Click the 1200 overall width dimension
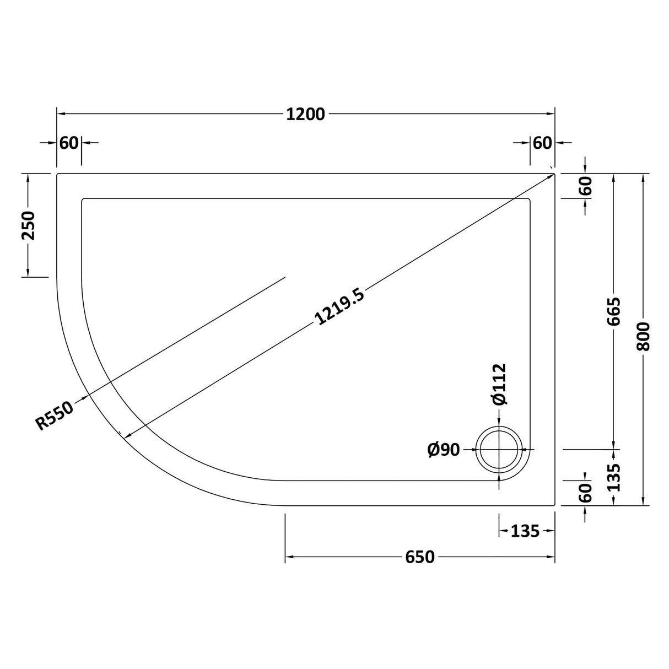305,114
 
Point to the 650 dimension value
420,558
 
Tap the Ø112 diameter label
499,385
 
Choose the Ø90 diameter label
443,450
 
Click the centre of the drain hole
499,450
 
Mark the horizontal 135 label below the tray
524,531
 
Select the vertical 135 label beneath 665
614,477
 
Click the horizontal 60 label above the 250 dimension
69,143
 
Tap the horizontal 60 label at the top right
542,143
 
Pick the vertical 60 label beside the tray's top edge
585,186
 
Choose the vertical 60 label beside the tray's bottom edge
585,492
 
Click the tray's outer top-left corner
58,174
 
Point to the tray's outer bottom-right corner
554,505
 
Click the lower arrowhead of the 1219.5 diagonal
128,436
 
